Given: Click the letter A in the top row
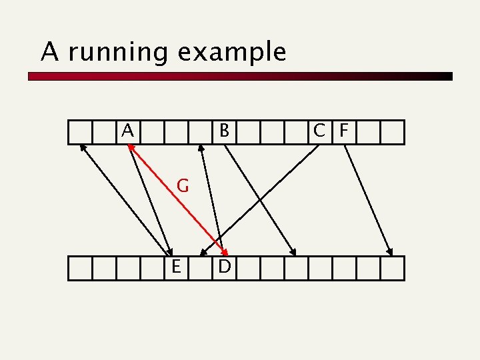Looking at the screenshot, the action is [128, 131].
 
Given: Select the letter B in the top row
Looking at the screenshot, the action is [225, 131].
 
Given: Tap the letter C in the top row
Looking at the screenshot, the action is [321, 131].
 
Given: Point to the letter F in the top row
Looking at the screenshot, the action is [343, 131].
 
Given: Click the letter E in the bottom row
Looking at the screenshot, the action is [176, 267].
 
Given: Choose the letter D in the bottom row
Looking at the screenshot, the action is [225, 267].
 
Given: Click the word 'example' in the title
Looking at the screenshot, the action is [232, 53].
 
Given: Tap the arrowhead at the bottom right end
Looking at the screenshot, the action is [391, 252].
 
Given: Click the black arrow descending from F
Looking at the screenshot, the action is [368, 200].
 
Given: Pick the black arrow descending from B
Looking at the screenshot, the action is [260, 200].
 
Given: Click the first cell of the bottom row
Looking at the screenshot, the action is [80, 267].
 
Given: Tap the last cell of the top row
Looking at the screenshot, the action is [393, 131].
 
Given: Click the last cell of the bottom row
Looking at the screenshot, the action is [393, 267].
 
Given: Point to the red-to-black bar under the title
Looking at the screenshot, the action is [240, 77].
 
